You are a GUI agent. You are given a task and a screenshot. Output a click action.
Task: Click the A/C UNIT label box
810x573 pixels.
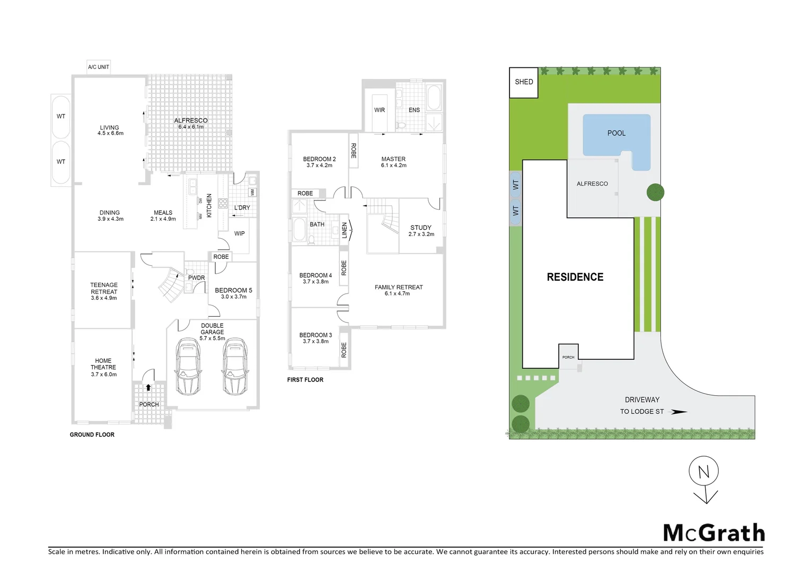[x=99, y=67]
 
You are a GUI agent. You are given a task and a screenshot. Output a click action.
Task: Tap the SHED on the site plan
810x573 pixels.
[x=524, y=82]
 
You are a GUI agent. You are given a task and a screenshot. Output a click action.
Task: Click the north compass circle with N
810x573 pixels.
[x=703, y=471]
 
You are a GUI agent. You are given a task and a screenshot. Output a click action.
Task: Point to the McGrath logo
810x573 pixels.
[x=714, y=533]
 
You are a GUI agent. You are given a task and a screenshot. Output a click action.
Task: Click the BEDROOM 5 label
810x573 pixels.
[x=233, y=291]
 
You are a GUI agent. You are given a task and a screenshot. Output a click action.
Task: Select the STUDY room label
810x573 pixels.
[x=421, y=228]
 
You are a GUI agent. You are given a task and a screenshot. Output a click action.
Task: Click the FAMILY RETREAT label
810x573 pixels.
[x=399, y=288]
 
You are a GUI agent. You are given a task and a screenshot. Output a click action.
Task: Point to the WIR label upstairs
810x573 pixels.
[x=380, y=110]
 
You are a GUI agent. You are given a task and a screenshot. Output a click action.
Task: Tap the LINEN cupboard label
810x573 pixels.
[x=345, y=230]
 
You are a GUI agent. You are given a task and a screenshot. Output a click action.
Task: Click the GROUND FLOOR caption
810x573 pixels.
[x=92, y=435]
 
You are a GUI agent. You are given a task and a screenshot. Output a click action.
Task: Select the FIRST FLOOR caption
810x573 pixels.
[x=305, y=380]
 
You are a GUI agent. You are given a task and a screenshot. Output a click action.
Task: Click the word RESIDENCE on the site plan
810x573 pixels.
[x=575, y=277]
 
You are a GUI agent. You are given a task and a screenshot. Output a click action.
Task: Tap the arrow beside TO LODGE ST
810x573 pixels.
[x=679, y=412]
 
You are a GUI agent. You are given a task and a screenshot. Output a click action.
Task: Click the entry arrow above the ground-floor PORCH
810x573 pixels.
[x=148, y=387]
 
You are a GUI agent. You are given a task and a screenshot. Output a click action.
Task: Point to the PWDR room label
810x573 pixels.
[x=196, y=278]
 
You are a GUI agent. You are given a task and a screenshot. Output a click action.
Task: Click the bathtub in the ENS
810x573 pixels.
[x=434, y=97]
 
